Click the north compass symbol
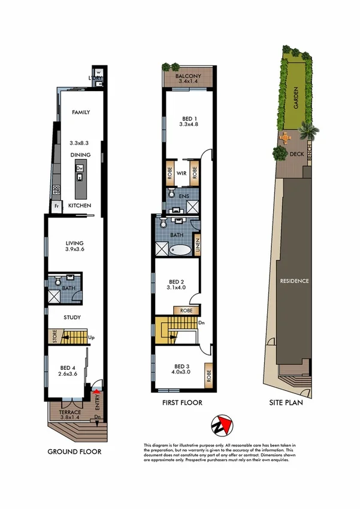pos(222,426)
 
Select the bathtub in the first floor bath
pos(180,249)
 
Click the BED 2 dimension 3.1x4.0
pos(177,288)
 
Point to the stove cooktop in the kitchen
pos(57,190)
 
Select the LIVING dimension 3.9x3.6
pos(75,251)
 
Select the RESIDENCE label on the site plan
pos(293,281)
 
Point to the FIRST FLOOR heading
pos(181,403)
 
